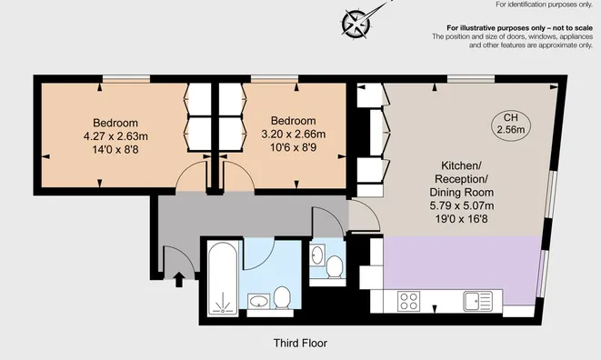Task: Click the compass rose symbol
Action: (x=356, y=24)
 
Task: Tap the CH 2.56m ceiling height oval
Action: (x=511, y=124)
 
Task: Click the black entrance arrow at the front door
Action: (x=179, y=279)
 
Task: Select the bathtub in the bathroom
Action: (x=223, y=279)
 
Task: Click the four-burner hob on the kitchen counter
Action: (x=408, y=301)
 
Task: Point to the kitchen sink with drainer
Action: (x=477, y=301)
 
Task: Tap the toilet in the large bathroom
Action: (x=283, y=297)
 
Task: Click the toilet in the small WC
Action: (x=335, y=266)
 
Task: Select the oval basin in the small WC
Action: (x=317, y=255)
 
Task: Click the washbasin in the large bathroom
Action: (x=259, y=301)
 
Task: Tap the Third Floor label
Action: (x=300, y=343)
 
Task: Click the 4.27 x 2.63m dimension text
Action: (x=115, y=136)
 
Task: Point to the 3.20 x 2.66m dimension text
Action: (x=293, y=135)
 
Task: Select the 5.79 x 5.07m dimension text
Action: (x=462, y=205)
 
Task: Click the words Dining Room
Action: (x=462, y=193)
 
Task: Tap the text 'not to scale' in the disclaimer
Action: (x=572, y=28)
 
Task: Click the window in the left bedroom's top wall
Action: (x=126, y=79)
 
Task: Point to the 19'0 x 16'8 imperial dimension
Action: (x=462, y=219)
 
